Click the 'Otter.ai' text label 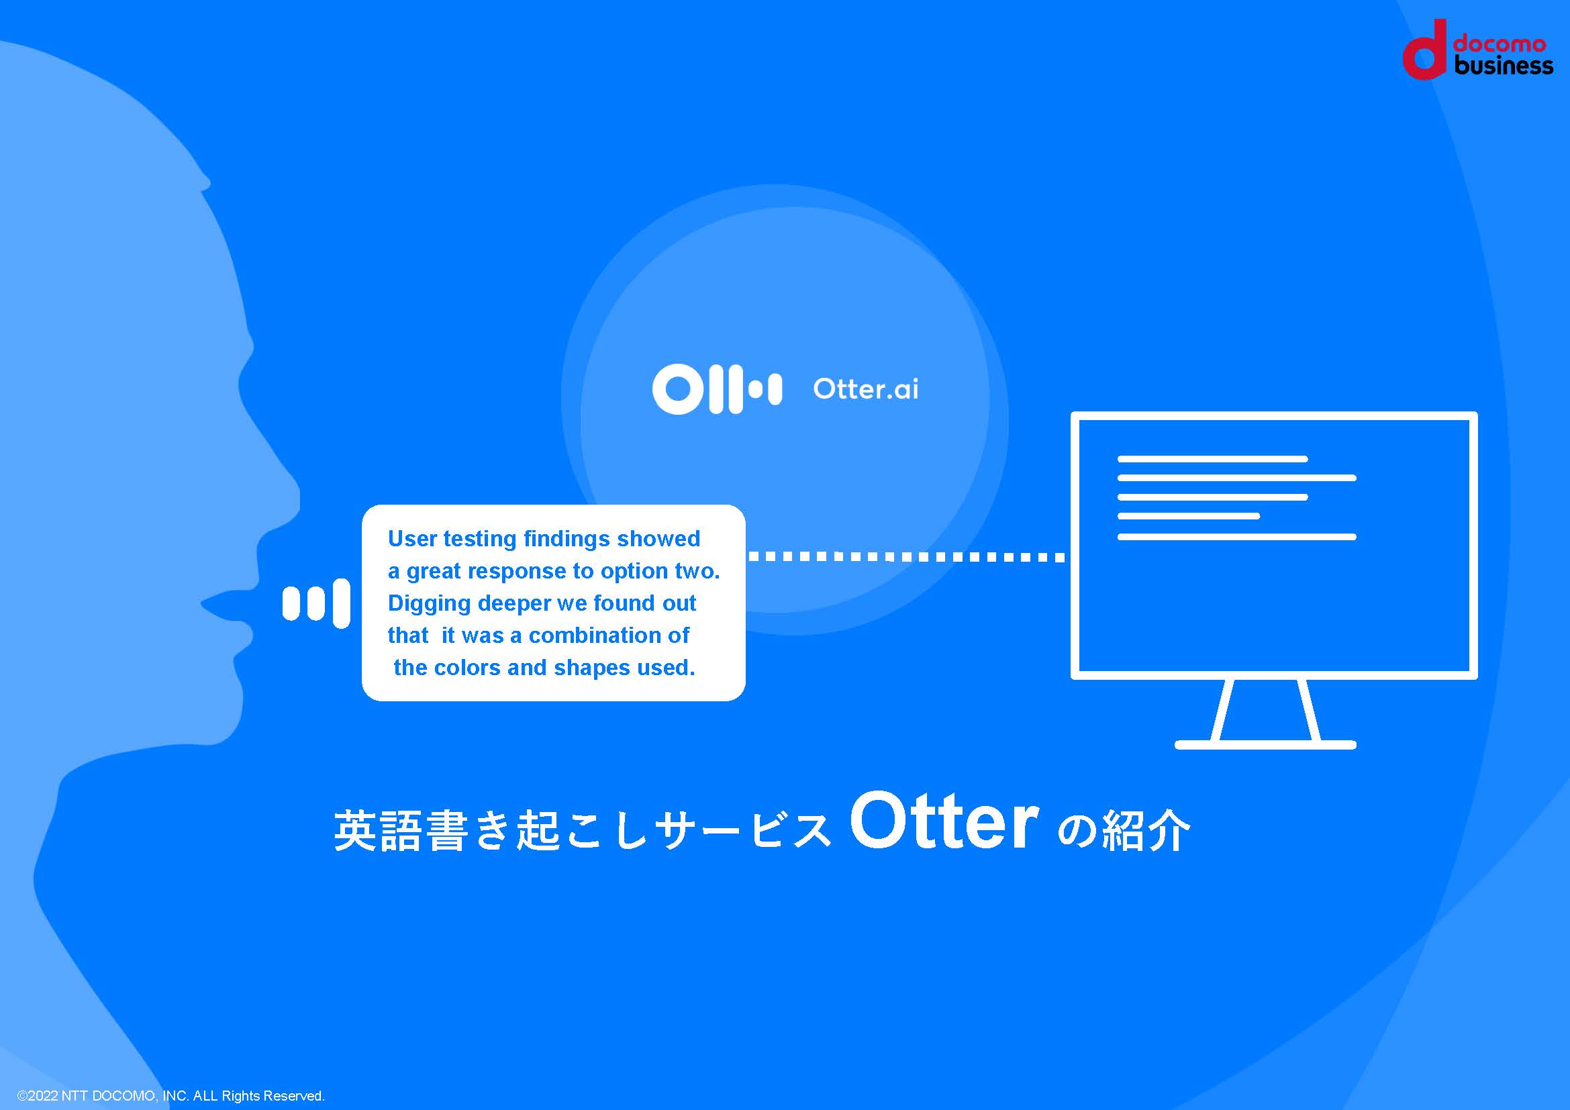[x=865, y=389]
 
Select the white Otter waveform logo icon [x=717, y=390]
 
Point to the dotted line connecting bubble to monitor [x=907, y=557]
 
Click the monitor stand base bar [x=1265, y=745]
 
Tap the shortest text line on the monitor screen [x=1189, y=517]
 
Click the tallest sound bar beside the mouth [x=341, y=603]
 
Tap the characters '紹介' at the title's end [x=1146, y=831]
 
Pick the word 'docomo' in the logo [x=1500, y=44]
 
